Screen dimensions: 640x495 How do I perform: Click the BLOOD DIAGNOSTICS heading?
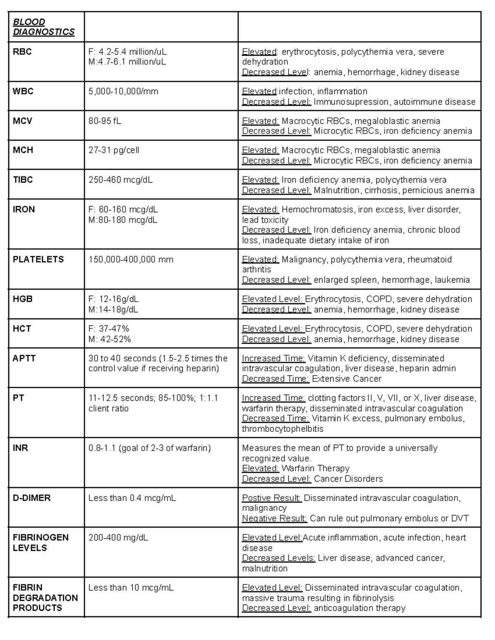click(43, 27)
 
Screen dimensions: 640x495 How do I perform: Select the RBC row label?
click(22, 52)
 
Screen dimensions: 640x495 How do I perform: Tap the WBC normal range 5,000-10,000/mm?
click(123, 91)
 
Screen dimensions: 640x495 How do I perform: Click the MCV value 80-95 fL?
click(105, 121)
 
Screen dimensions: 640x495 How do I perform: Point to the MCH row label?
click(23, 150)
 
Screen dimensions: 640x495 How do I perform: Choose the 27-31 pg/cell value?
click(114, 150)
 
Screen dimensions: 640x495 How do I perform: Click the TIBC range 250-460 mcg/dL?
click(120, 180)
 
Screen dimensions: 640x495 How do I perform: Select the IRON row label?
click(24, 209)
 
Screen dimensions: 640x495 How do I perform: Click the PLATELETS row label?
click(38, 260)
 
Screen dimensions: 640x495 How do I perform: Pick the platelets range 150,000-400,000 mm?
click(131, 260)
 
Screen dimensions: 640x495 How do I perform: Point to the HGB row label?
click(23, 299)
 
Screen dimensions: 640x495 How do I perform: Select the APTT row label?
click(24, 359)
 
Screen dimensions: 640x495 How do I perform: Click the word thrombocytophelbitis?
click(283, 429)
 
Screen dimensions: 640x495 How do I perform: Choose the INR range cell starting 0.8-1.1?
click(149, 448)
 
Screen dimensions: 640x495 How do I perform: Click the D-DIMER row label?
click(32, 498)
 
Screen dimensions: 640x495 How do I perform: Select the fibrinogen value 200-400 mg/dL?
click(118, 538)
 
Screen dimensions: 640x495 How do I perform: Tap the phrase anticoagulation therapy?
click(359, 608)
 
